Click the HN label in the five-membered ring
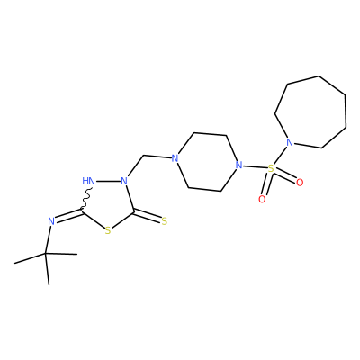[x=88, y=181]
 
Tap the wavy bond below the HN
[x=87, y=199]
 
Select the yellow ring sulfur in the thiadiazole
[x=108, y=230]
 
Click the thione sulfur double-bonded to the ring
[x=164, y=221]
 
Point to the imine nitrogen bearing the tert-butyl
[x=51, y=221]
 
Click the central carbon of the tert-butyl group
[x=46, y=254]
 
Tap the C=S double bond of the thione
[x=148, y=217]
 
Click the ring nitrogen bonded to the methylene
[x=124, y=181]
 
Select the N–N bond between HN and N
[x=108, y=181]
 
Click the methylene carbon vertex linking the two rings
[x=144, y=156]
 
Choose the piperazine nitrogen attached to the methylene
[x=175, y=158]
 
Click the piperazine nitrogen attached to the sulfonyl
[x=238, y=165]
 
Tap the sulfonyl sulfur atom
[x=271, y=168]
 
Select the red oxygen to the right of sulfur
[x=300, y=183]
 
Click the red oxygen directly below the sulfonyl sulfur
[x=262, y=199]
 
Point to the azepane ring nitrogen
[x=290, y=142]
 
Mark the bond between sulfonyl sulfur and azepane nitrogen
[x=280, y=156]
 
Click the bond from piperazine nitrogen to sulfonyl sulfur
[x=255, y=166]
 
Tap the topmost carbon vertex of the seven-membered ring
[x=319, y=76]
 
